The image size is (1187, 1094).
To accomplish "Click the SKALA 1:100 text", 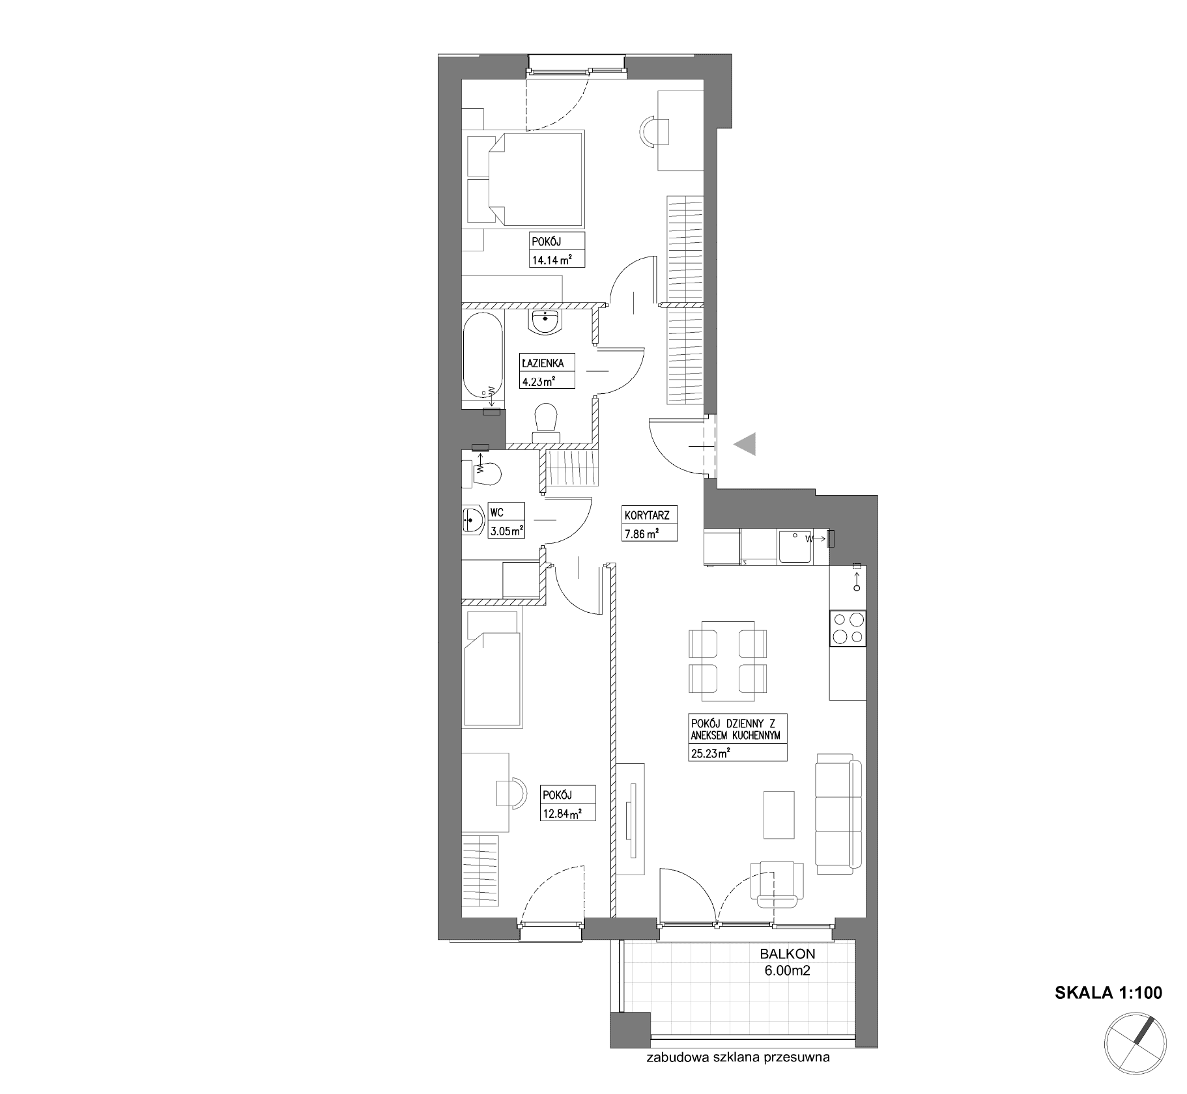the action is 1108,992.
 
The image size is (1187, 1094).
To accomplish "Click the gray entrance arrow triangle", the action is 745,444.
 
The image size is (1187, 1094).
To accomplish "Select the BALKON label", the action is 788,954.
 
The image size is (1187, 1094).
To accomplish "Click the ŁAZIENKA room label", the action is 542,363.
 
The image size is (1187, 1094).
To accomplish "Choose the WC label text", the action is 496,513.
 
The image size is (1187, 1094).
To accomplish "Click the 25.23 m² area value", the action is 709,754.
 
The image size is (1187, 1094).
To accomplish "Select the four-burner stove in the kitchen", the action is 848,628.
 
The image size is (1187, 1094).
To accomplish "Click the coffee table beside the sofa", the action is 779,815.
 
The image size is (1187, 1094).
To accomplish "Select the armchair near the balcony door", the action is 777,883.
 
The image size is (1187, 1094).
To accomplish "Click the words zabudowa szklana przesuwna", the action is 738,1076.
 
